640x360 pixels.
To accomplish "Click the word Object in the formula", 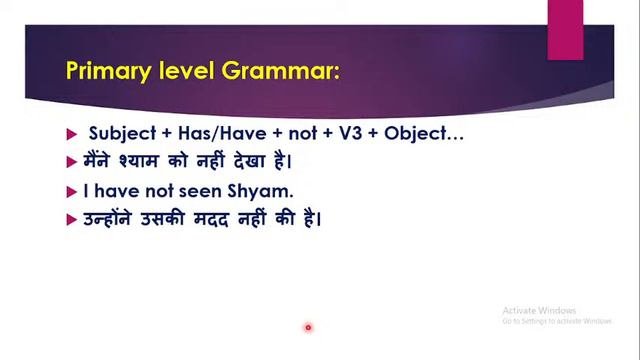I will (427, 133).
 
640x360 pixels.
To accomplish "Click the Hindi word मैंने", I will (100, 161).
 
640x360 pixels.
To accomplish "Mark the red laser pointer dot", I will (308, 327).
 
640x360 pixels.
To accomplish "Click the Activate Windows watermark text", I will (540, 310).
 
